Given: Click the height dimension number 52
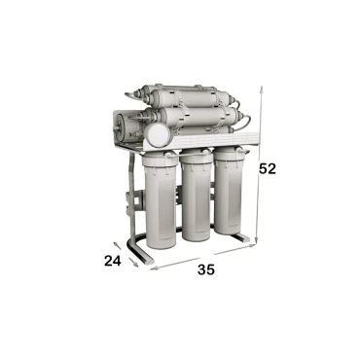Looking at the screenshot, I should pos(268,168).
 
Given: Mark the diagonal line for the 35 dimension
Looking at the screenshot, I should pos(204,257).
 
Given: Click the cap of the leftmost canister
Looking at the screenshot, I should pos(159,162).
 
